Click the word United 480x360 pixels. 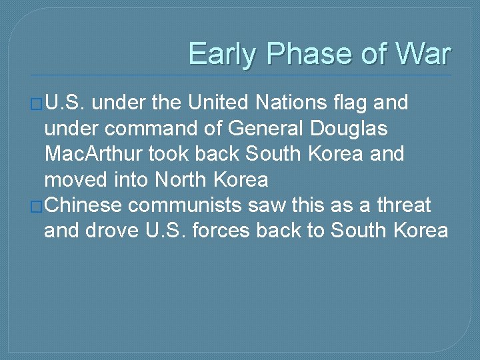tap(217, 103)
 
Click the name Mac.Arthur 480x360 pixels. tap(93, 154)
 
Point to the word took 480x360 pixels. tap(167, 154)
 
